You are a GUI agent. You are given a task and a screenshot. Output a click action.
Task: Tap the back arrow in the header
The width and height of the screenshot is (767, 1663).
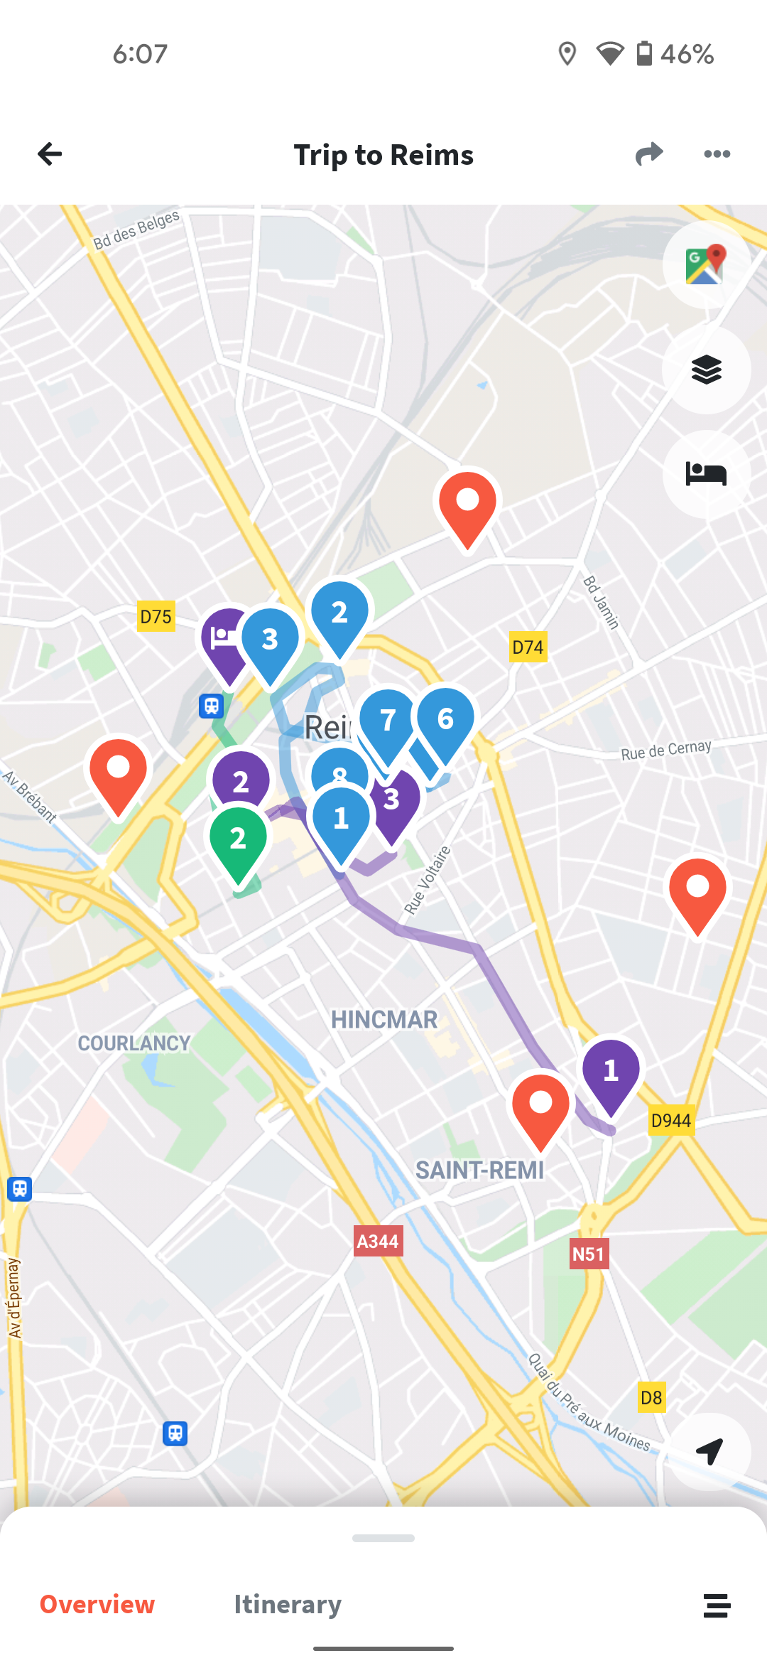pyautogui.click(x=50, y=154)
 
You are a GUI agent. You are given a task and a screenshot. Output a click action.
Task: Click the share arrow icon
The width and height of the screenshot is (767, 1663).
pyautogui.click(x=649, y=154)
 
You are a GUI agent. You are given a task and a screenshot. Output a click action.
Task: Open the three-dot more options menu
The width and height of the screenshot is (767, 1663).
pyautogui.click(x=717, y=154)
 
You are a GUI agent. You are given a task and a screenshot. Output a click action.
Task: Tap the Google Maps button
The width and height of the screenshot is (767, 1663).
pyautogui.click(x=706, y=264)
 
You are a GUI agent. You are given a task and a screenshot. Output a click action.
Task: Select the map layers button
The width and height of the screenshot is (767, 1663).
pyautogui.click(x=706, y=370)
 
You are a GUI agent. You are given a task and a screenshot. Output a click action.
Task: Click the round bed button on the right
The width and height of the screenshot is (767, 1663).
pyautogui.click(x=706, y=473)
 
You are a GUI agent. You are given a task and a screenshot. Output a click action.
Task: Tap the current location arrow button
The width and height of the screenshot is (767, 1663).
pyautogui.click(x=709, y=1451)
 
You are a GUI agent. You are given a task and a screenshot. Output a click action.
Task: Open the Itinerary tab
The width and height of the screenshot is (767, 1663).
pyautogui.click(x=288, y=1605)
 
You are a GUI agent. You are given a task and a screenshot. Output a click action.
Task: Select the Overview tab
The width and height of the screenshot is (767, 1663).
pyautogui.click(x=97, y=1605)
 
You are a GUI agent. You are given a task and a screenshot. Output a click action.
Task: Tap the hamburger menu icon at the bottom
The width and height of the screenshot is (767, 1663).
pyautogui.click(x=717, y=1605)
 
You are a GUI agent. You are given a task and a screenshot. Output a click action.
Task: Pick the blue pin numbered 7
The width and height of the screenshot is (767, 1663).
pyautogui.click(x=388, y=721)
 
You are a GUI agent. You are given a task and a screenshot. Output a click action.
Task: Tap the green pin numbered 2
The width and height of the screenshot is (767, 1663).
pyautogui.click(x=238, y=839)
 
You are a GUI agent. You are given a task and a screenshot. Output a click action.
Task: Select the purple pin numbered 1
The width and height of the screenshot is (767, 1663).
pyautogui.click(x=611, y=1070)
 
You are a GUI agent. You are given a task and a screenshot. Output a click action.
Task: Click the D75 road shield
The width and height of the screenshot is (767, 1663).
pyautogui.click(x=156, y=616)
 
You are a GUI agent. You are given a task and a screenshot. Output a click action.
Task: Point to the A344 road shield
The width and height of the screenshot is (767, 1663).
pyautogui.click(x=378, y=1242)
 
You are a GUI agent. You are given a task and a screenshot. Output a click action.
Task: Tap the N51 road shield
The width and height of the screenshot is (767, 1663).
pyautogui.click(x=588, y=1254)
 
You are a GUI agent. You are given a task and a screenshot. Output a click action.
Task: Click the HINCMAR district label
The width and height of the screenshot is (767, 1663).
pyautogui.click(x=384, y=1020)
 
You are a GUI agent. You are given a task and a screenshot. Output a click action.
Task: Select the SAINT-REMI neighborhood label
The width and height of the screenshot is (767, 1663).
pyautogui.click(x=479, y=1170)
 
